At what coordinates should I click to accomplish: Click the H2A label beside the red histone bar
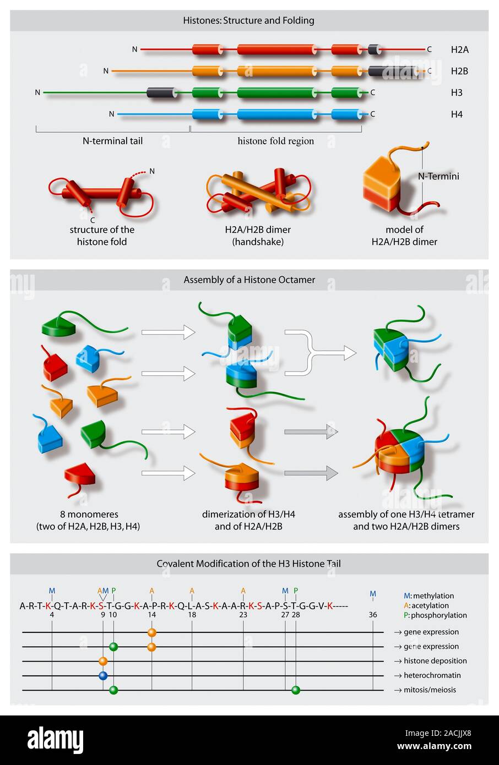[x=459, y=50]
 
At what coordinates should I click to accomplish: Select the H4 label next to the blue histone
[x=457, y=114]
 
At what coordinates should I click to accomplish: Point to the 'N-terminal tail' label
[x=112, y=141]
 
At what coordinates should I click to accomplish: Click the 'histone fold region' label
[x=275, y=141]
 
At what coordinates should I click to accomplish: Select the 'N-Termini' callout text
[x=438, y=176]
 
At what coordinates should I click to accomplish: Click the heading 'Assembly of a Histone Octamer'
[x=249, y=280]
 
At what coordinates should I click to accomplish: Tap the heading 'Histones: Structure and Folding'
[x=248, y=20]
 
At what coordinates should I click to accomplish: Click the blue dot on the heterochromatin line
[x=103, y=675]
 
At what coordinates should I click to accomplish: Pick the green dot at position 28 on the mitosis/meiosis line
[x=296, y=690]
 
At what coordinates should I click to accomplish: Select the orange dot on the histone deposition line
[x=103, y=661]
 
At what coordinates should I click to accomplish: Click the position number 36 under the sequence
[x=373, y=615]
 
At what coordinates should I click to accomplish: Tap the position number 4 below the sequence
[x=52, y=615]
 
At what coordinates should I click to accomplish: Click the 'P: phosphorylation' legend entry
[x=435, y=615]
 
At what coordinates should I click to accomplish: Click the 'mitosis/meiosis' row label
[x=430, y=690]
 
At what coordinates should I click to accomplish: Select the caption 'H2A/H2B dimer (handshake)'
[x=258, y=236]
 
